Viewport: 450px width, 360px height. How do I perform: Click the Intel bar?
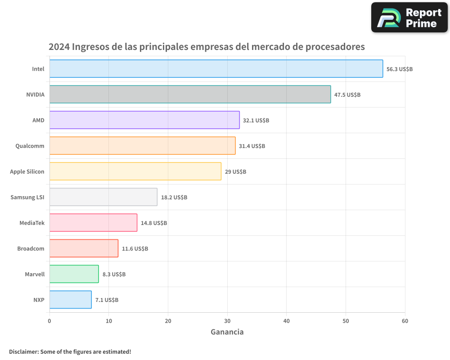[x=216, y=69]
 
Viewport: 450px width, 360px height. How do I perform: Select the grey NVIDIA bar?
[x=190, y=94]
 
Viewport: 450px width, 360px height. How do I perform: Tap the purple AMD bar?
[x=144, y=120]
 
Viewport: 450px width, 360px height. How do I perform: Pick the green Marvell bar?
[x=74, y=274]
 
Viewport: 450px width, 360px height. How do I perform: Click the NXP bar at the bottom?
[x=70, y=300]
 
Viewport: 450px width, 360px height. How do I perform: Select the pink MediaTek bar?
[x=93, y=223]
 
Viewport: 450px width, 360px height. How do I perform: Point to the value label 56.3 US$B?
[x=400, y=69]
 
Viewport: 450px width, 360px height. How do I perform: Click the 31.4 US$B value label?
[x=252, y=146]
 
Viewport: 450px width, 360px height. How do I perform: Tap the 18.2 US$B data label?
[x=174, y=198]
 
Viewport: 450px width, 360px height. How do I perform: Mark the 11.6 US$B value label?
[x=135, y=249]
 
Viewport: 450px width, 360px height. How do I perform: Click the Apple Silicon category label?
[x=27, y=171]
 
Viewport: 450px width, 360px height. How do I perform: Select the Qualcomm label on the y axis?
[x=30, y=146]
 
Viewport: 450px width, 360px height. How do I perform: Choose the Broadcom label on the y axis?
[x=31, y=249]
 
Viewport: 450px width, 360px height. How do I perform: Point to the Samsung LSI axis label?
[x=27, y=198]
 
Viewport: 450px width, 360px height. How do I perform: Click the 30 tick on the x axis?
[x=227, y=321]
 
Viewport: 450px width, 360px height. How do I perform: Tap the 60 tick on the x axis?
[x=405, y=321]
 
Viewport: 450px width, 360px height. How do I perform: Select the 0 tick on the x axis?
[x=49, y=321]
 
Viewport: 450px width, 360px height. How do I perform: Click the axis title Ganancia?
[x=227, y=332]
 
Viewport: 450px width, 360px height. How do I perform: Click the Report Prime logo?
[x=409, y=18]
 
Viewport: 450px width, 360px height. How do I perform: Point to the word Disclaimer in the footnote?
[x=23, y=351]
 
